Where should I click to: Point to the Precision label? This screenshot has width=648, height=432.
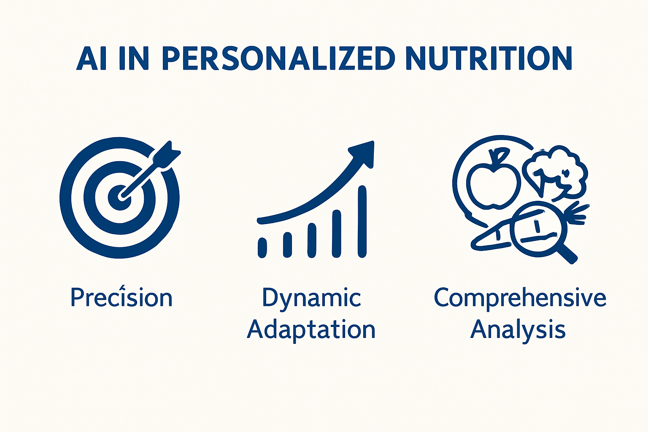[x=121, y=297]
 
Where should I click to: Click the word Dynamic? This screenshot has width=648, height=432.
[x=311, y=298]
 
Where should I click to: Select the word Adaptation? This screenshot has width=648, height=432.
[x=311, y=329]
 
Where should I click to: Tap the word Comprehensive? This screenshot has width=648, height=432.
[x=520, y=298]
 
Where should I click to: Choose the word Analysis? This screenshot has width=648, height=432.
[x=518, y=329]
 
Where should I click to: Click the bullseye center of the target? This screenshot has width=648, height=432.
[x=120, y=197]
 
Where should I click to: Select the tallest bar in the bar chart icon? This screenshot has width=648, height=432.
[x=362, y=221]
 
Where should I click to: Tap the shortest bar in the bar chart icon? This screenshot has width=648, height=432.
[x=262, y=247]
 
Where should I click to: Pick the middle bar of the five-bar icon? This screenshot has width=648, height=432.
[x=312, y=240]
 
